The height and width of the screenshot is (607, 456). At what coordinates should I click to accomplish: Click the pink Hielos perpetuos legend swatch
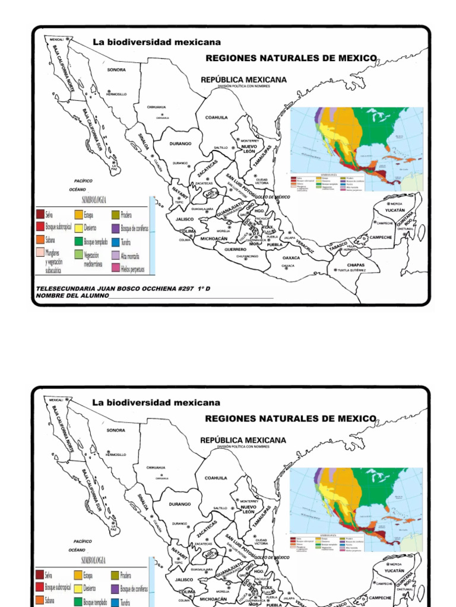[x=115, y=269]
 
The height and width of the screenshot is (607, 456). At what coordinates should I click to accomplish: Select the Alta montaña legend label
[x=129, y=256]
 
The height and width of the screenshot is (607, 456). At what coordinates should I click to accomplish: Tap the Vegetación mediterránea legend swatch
[x=78, y=255]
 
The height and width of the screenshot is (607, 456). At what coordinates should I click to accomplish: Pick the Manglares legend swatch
[x=40, y=254]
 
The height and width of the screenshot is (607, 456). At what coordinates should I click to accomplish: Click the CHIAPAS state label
[x=356, y=265]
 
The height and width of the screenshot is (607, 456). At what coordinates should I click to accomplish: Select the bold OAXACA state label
[x=291, y=258]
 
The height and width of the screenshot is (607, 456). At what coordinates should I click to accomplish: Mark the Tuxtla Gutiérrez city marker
[x=335, y=270]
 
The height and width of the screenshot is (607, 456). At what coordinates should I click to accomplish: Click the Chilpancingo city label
[x=247, y=256]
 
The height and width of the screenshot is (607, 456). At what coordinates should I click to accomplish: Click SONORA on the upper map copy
[x=116, y=69]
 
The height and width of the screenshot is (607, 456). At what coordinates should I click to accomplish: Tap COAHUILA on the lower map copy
[x=216, y=478]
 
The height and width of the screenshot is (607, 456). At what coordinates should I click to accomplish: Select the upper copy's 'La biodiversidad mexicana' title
[x=157, y=42]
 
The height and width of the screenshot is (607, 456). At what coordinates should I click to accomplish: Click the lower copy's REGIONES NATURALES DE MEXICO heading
[x=291, y=418]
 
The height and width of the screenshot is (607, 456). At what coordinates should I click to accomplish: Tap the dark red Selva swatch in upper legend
[x=40, y=215]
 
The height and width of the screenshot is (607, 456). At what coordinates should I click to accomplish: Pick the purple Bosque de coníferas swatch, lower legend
[x=115, y=589]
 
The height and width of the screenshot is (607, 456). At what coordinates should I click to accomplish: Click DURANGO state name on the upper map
[x=180, y=143]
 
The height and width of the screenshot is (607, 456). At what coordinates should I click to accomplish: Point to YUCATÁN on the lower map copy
[x=395, y=571]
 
